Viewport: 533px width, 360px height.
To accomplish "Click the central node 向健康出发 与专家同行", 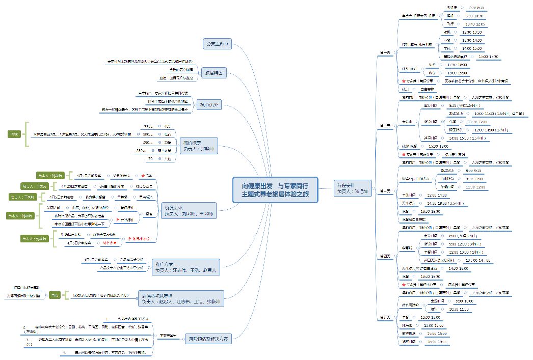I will click(x=276, y=189).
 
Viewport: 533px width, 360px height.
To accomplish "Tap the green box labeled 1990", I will click(x=14, y=134).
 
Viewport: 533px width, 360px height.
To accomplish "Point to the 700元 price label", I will click(x=147, y=125).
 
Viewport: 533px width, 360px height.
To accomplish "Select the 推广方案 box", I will click(x=186, y=267).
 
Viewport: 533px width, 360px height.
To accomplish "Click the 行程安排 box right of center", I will click(x=352, y=187).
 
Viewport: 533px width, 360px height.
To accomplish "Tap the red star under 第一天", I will click(x=404, y=81).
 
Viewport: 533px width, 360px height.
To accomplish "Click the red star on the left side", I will click(x=144, y=176).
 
